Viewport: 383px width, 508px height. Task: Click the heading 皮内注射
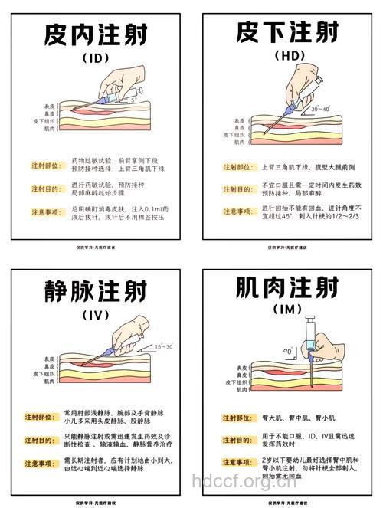click(96, 34)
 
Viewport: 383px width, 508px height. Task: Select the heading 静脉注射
click(96, 293)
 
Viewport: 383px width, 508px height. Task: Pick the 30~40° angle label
click(319, 110)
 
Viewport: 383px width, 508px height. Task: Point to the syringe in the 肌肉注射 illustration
click(311, 337)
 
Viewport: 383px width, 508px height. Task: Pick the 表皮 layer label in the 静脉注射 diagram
click(50, 358)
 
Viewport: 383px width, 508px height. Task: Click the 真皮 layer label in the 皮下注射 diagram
click(239, 127)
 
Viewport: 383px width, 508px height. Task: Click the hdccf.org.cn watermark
click(243, 481)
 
